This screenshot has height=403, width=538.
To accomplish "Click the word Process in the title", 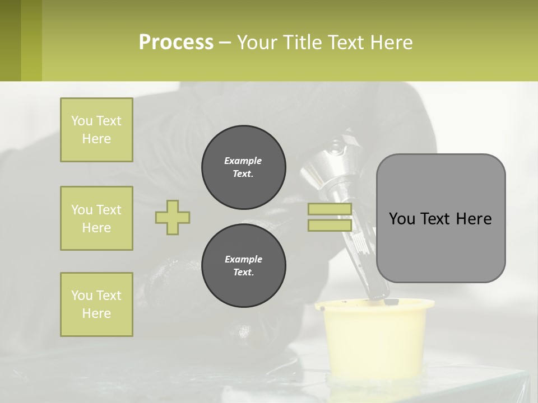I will pos(176,43).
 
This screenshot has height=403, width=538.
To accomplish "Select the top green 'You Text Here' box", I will pos(96,130).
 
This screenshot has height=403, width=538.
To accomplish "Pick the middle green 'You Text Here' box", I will pos(96,218).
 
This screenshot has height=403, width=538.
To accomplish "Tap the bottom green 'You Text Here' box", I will pos(96,304).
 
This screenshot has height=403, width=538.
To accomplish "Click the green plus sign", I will pos(173,217).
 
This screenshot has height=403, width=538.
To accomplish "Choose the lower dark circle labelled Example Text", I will pos(243,266).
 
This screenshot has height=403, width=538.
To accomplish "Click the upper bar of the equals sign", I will pos(330,209).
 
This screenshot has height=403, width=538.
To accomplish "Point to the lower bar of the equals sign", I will pos(330,226).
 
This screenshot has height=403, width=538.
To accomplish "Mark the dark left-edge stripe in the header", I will pos(10,40).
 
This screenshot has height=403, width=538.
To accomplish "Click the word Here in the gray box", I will pos(474,219).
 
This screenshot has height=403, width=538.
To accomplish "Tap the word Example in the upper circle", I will pos(243,161).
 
